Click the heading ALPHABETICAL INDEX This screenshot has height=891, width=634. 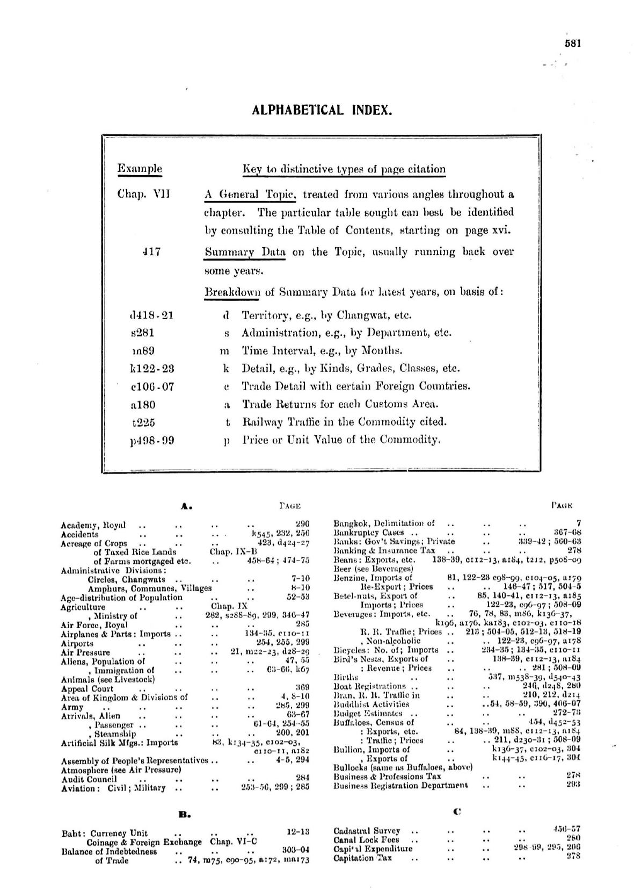pos(322,110)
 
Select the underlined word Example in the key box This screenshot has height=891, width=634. pos(139,169)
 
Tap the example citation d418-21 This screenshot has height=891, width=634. pos(149,315)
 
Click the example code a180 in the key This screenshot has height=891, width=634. pos(142,404)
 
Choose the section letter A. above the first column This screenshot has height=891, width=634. pos(186,506)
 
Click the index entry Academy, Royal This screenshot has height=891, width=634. pos(93,525)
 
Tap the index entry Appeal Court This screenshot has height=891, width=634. pos(87,688)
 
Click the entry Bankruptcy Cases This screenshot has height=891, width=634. pos(368,533)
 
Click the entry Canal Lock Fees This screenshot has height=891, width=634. pos(366,840)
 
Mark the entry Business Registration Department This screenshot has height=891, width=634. pos(400,785)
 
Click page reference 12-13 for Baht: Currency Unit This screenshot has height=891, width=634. pos(298,832)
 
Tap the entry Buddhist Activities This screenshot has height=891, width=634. pos(371,704)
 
